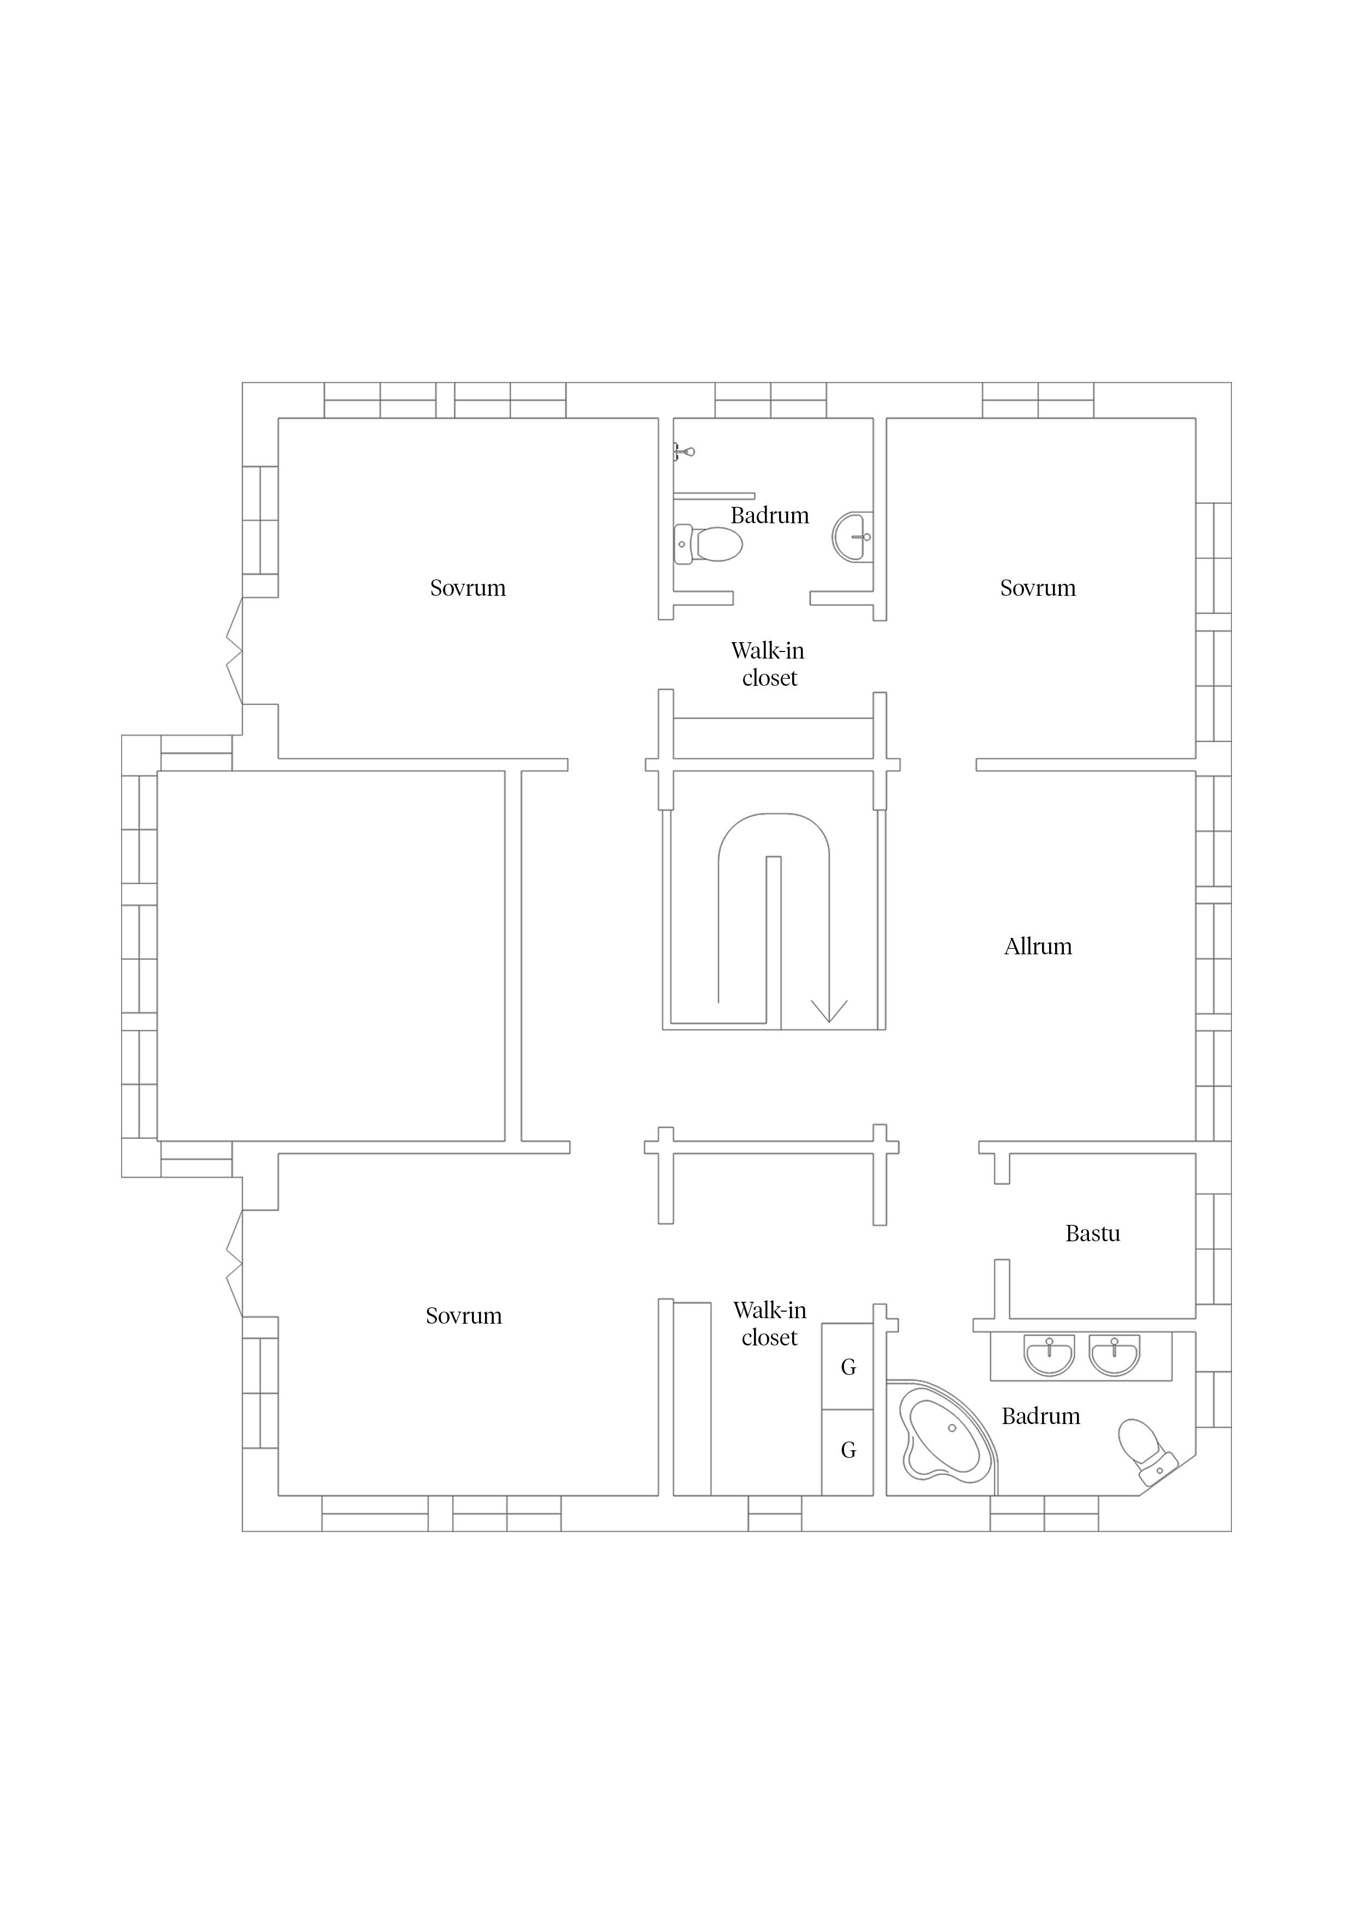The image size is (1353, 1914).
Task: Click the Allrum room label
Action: (x=1038, y=946)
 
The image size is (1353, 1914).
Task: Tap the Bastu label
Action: (x=1092, y=1233)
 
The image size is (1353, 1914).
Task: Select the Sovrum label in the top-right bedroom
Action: (x=1038, y=588)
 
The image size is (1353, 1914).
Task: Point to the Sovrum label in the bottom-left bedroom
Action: (x=464, y=1315)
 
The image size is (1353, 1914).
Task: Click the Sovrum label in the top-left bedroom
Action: (x=468, y=588)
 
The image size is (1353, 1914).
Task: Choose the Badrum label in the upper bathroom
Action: (x=769, y=515)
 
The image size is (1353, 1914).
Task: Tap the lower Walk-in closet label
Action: (x=769, y=1324)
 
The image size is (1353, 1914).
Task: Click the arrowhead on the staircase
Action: (x=829, y=1010)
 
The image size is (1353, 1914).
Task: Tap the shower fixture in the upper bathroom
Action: (x=684, y=452)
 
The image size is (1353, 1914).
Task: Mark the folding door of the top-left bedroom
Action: (x=234, y=651)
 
